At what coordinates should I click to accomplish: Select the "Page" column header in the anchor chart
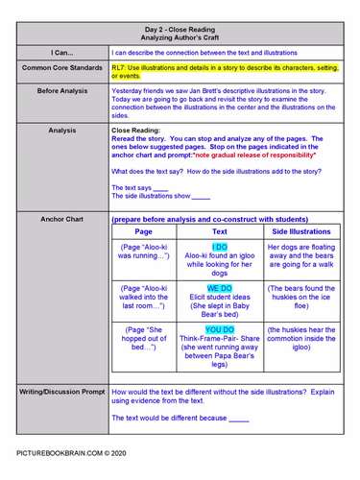(x=144, y=231)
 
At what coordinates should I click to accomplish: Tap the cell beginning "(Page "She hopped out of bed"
(x=144, y=340)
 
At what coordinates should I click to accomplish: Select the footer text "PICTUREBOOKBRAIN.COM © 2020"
(x=70, y=451)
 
